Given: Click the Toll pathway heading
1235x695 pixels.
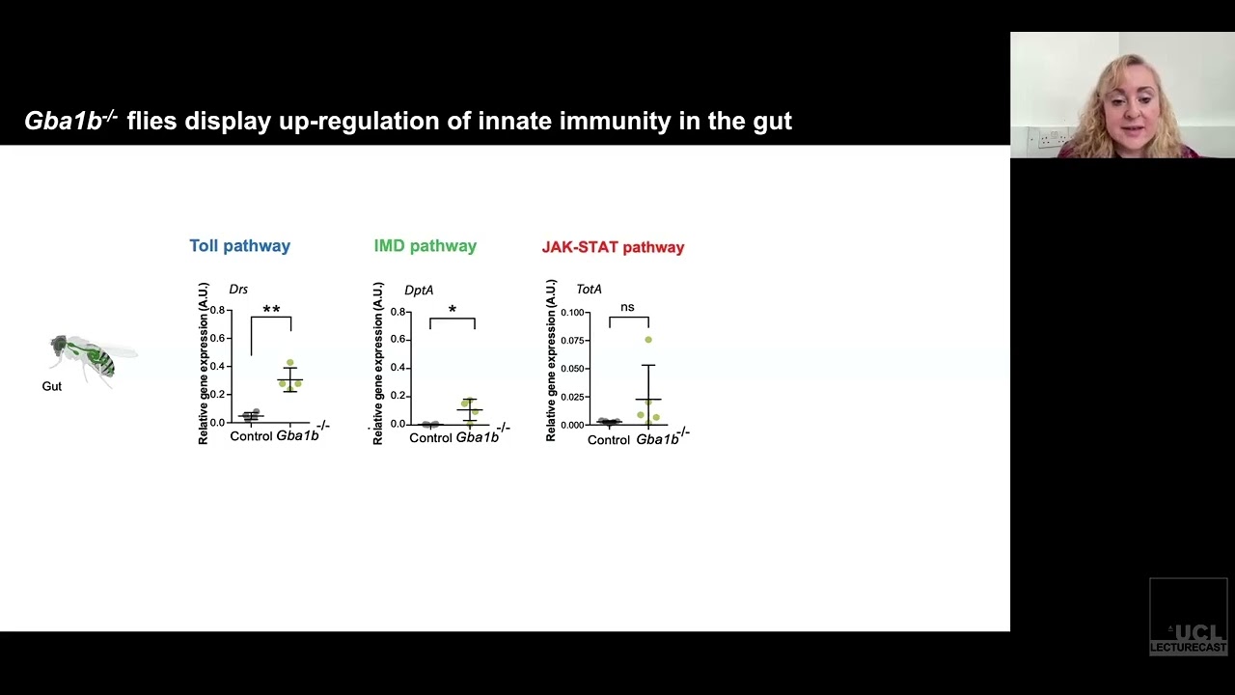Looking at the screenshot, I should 239,246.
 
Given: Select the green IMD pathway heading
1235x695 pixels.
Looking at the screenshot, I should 425,246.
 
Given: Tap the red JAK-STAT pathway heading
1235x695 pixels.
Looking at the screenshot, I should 613,247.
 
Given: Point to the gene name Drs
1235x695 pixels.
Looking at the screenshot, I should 238,290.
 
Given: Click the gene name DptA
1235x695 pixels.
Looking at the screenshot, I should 419,290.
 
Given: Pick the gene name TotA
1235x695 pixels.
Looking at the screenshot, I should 589,290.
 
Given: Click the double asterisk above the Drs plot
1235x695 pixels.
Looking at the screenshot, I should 271,310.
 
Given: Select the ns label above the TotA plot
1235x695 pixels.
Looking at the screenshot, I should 627,307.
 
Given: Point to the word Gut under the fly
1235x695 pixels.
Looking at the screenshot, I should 52,386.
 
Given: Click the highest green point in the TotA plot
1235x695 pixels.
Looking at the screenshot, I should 648,340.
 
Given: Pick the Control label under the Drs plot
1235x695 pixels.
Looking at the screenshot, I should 251,436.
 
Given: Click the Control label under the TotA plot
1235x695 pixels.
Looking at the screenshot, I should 609,440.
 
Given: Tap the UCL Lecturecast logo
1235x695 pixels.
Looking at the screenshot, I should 1189,618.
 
